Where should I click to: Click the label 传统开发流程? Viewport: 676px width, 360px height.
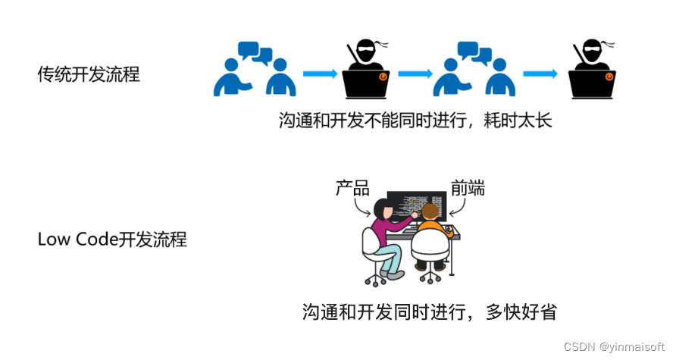pos(89,74)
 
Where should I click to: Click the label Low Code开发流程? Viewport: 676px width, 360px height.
pos(112,239)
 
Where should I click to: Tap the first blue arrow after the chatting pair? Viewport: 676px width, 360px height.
pos(319,74)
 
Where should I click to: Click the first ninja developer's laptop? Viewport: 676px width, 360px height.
pos(367,82)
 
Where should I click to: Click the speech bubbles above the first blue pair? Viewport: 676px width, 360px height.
pos(255,52)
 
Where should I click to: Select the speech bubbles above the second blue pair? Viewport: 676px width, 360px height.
pos(474,52)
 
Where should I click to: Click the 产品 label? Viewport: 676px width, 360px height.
pos(352,188)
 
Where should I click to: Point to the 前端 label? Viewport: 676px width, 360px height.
pos(468,188)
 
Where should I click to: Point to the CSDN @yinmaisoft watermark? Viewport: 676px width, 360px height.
pos(614,346)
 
